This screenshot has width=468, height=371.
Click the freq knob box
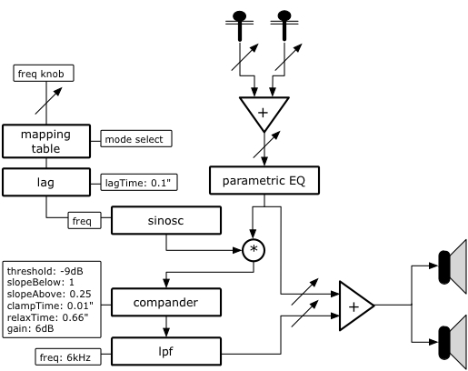[x=44, y=73]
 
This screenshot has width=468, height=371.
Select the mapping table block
[x=46, y=141]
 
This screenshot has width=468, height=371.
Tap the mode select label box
[x=136, y=139]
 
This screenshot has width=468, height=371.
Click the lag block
[x=46, y=182]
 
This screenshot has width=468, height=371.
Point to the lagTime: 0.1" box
[x=139, y=183]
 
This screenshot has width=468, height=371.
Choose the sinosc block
[x=166, y=220]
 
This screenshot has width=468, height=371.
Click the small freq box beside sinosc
[x=85, y=220]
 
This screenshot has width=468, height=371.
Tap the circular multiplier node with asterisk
[x=254, y=250]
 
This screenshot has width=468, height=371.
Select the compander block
[x=166, y=302]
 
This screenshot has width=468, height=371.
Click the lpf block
[x=166, y=351]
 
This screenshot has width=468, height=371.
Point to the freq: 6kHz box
[x=68, y=356]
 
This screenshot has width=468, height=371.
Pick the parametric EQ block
[x=264, y=180]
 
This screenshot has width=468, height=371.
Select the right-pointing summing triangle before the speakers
[x=354, y=306]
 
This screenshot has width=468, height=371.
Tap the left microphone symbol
[x=240, y=25]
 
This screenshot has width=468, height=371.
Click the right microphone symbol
[x=284, y=25]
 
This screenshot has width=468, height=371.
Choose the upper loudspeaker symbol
[x=453, y=266]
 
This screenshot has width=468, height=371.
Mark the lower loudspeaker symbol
[x=453, y=343]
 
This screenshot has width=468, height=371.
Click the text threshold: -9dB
[x=45, y=271]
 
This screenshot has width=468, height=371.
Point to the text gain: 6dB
[x=30, y=328]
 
